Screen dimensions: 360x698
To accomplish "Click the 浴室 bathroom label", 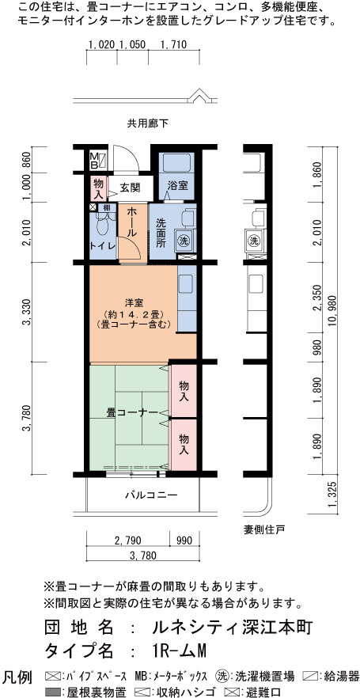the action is pyautogui.click(x=177, y=187).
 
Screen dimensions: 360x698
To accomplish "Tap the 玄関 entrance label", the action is pyautogui.click(x=130, y=188).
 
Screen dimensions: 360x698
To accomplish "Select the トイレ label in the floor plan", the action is pyautogui.click(x=103, y=245).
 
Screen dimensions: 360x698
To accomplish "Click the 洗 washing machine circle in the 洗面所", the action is pyautogui.click(x=184, y=241).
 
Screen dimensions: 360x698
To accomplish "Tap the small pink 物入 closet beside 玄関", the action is pyautogui.click(x=99, y=188).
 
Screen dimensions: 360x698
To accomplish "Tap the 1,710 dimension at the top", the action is pyautogui.click(x=172, y=44).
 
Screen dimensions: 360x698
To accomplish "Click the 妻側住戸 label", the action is pyautogui.click(x=264, y=529).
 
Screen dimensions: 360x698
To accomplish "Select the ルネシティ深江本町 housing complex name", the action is pyautogui.click(x=233, y=628).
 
